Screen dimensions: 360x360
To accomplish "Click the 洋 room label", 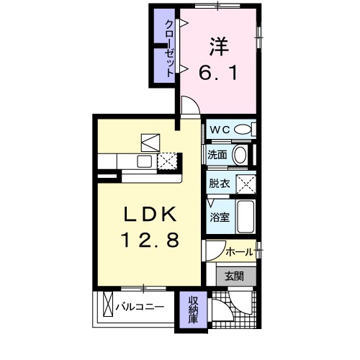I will tap(219, 45).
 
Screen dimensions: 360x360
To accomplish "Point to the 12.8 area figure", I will tap(150, 239).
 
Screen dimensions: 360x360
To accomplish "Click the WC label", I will tap(220, 130).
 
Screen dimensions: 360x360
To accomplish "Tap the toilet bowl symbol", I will tap(244, 130).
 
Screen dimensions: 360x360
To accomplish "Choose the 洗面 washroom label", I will tap(218, 155).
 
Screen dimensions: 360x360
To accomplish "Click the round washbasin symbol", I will tap(240, 155).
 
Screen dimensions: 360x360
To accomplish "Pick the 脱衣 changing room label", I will tap(220, 184).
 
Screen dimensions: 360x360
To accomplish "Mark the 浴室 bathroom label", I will tap(220, 216).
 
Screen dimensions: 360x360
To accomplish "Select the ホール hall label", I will tap(239, 252).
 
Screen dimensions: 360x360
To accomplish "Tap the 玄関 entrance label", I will tap(234, 275).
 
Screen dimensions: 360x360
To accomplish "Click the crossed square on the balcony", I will tap(109, 307).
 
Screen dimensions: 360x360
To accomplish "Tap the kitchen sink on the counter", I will tap(143, 161).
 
